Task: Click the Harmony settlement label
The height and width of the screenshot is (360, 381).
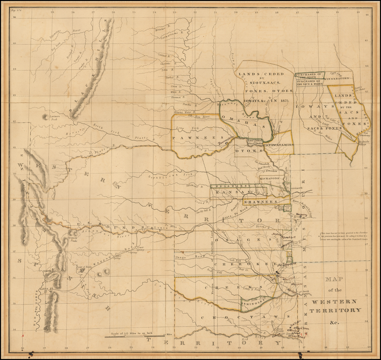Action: pyautogui.click(x=301, y=215)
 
